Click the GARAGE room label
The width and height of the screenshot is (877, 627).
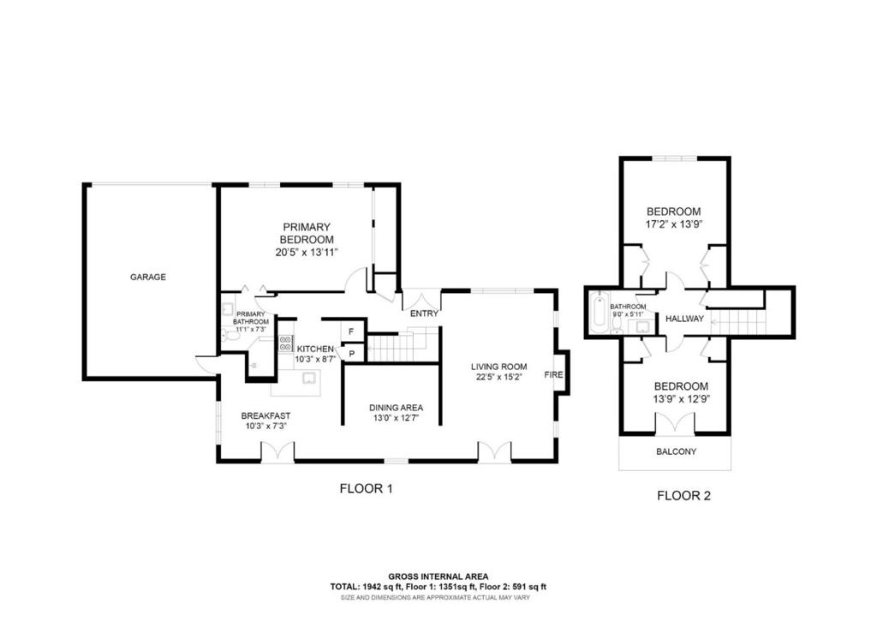point(148,277)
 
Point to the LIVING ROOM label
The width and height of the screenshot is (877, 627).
point(498,367)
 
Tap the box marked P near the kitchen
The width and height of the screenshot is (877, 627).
point(352,353)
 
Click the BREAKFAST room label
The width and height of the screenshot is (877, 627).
point(265,415)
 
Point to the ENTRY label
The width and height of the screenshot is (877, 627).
point(424,313)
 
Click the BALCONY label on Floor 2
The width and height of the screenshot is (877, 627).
point(675,451)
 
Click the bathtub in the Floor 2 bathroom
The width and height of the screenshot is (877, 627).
point(598,314)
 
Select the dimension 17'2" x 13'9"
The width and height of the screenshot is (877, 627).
point(674,224)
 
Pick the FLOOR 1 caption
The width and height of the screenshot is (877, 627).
point(366,490)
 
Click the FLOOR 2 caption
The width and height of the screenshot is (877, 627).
point(683,495)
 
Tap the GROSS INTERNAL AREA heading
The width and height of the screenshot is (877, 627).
point(438,576)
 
